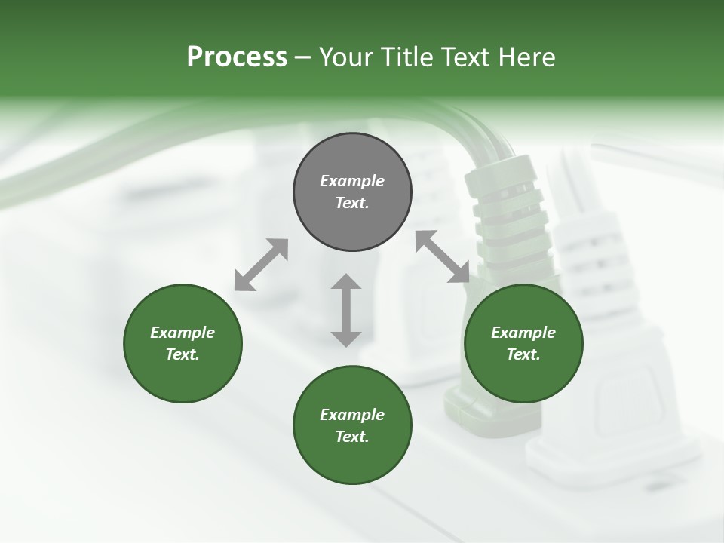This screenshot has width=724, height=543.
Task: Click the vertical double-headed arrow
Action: click(346, 310)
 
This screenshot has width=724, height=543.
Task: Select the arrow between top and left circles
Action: click(261, 265)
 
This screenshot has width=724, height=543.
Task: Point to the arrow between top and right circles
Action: click(442, 257)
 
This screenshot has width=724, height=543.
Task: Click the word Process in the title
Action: click(237, 57)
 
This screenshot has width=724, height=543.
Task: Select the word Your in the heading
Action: click(344, 57)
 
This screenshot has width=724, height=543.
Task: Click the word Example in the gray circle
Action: click(352, 181)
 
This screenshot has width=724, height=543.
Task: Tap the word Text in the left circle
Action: click(183, 354)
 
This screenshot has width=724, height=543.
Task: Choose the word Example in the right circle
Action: click(523, 333)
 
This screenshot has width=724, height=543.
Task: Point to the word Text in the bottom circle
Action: click(352, 437)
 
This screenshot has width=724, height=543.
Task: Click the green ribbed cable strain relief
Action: click(505, 211)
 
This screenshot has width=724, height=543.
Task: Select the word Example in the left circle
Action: click(183, 333)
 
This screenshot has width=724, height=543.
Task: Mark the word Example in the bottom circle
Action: click(352, 415)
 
